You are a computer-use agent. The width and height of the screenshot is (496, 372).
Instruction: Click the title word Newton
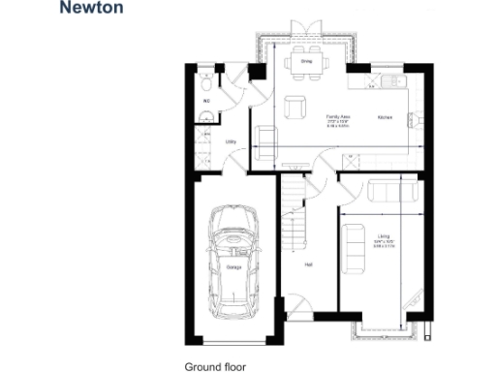coord(92,9)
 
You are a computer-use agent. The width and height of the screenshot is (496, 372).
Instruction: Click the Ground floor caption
coord(215,366)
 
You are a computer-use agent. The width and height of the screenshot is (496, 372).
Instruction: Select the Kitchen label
coord(384,116)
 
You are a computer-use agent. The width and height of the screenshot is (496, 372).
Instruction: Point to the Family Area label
coord(337,115)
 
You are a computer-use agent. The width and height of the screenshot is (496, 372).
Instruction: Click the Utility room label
coord(232,141)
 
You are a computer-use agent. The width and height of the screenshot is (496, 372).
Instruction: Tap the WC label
coord(206,100)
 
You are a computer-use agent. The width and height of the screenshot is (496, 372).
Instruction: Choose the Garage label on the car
coord(234,266)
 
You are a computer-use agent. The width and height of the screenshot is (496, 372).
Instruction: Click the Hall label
coord(308,263)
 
